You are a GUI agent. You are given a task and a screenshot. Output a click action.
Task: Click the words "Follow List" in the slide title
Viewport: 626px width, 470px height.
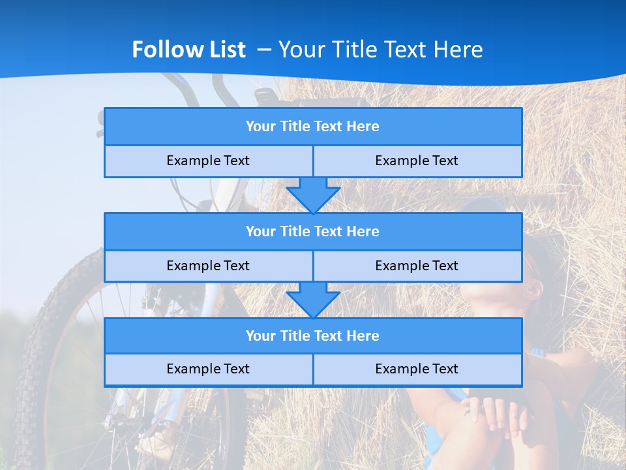pos(188,50)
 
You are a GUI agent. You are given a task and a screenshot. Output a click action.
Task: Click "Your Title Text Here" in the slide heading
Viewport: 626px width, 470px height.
pos(380,50)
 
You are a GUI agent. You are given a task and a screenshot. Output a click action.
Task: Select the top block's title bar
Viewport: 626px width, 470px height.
pos(313,127)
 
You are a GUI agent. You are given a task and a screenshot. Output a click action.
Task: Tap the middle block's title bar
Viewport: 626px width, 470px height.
pos(313,232)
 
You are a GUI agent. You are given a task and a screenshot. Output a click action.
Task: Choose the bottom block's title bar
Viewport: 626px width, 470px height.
pos(313,336)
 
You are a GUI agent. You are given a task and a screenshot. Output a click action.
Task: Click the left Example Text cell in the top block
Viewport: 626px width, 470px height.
pos(208,161)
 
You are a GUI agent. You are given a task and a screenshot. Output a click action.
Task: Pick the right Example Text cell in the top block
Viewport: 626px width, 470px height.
pos(417,161)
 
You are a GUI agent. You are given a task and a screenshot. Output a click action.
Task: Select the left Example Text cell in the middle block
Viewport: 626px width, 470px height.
pos(208,266)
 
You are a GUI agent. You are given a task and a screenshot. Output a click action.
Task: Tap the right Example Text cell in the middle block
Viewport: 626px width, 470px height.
pos(417,266)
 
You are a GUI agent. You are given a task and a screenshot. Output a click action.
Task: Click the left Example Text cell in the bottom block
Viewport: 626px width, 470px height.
pos(208,369)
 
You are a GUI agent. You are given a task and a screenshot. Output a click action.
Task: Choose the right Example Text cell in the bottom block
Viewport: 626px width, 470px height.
pos(417,369)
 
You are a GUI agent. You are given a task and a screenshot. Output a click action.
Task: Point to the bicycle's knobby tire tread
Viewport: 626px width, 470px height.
pos(29,366)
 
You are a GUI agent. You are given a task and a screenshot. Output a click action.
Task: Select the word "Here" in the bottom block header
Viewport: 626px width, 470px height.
pos(363,336)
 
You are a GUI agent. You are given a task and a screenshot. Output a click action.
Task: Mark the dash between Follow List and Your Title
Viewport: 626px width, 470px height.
pos(264,50)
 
